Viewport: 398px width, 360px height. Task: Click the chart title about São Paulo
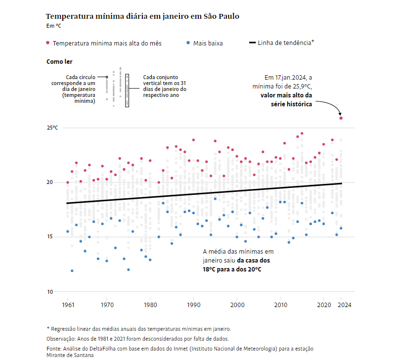(142, 16)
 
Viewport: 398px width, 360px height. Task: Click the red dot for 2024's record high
(341, 118)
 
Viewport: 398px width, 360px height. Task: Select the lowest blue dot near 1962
(72, 270)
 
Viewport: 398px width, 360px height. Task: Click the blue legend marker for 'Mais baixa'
(188, 43)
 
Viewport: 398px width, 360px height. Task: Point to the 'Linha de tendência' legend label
(286, 43)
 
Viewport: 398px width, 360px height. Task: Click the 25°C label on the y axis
(52, 128)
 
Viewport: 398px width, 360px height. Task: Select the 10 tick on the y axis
(49, 292)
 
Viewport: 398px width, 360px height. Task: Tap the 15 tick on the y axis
(49, 237)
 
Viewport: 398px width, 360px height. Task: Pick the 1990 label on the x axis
(194, 305)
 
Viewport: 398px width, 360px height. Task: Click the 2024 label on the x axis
(344, 305)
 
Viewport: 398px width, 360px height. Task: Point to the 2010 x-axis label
(280, 305)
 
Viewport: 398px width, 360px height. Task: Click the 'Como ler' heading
(59, 62)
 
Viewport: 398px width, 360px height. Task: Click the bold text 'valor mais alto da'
(286, 95)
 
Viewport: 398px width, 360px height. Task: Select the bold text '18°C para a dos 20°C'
(232, 270)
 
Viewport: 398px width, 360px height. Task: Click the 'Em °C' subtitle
(53, 26)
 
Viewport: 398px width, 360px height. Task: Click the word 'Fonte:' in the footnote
(54, 349)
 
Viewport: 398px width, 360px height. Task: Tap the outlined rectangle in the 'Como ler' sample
(127, 90)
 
